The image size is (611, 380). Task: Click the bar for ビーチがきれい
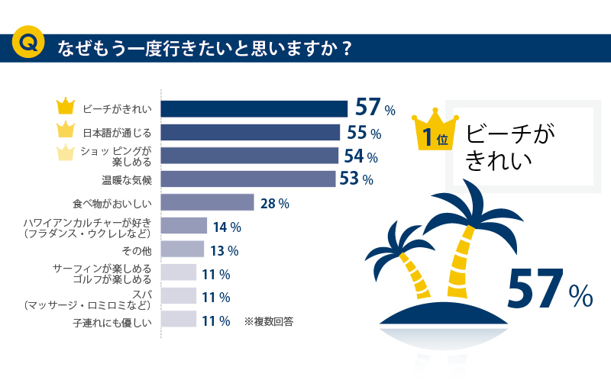click(x=254, y=108)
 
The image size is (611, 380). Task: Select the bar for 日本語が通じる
click(x=251, y=132)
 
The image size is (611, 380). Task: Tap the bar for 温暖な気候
click(x=248, y=179)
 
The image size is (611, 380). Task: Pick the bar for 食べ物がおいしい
click(x=207, y=202)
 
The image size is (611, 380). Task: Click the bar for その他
click(x=183, y=250)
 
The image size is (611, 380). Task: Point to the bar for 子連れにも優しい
click(x=179, y=320)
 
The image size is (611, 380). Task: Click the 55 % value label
click(x=364, y=133)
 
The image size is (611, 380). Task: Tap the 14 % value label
click(x=227, y=227)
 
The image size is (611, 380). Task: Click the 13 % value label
click(x=225, y=250)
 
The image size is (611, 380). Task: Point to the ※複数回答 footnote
click(x=269, y=321)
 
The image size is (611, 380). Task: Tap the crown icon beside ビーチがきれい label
click(x=67, y=105)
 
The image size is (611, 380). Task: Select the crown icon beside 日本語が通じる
click(x=67, y=129)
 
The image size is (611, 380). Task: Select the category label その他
click(x=137, y=250)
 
